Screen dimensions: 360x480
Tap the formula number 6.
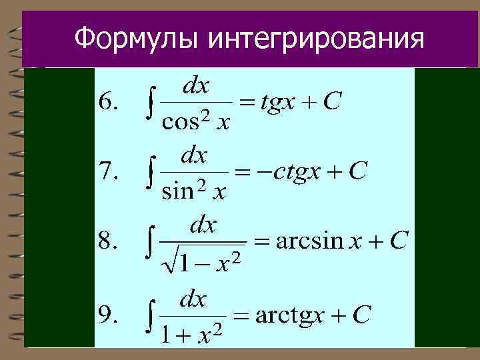pyautogui.click(x=109, y=102)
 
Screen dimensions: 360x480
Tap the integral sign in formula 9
pyautogui.click(x=151, y=316)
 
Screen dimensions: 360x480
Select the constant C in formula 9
pyautogui.click(x=361, y=315)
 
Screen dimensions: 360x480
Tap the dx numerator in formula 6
pyautogui.click(x=196, y=85)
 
